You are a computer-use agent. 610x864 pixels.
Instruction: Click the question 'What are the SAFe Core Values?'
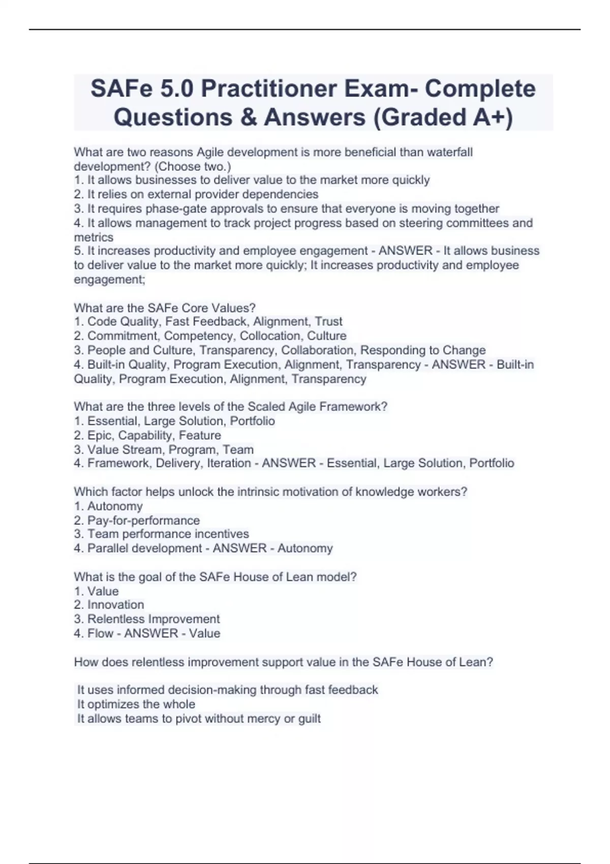pos(165,308)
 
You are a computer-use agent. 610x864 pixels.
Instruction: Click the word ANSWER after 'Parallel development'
pos(239,548)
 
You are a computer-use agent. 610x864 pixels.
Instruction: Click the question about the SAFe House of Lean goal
pos(215,577)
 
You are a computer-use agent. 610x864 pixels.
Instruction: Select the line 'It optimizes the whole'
pos(136,704)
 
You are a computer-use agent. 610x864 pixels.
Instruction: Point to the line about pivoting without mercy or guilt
pos(199,719)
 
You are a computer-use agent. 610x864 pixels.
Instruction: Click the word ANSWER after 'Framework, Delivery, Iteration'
pos(289,463)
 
